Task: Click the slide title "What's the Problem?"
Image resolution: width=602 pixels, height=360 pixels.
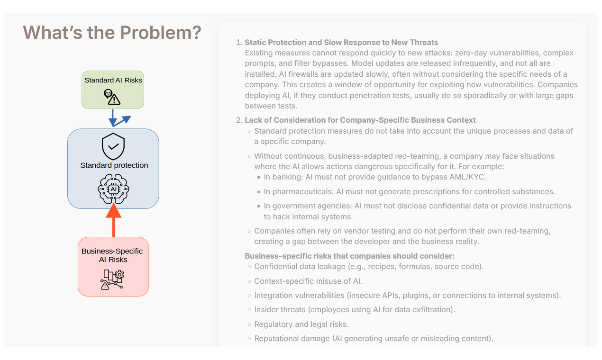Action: [112, 33]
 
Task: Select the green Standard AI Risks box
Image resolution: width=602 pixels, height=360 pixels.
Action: [113, 90]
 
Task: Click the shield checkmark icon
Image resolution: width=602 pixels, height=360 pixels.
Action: [113, 147]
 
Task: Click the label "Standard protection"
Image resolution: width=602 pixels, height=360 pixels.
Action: [114, 165]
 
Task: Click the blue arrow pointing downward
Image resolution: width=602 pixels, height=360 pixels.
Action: [112, 117]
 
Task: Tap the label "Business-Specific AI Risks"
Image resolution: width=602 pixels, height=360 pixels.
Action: [112, 255]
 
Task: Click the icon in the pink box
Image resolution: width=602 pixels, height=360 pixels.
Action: [112, 279]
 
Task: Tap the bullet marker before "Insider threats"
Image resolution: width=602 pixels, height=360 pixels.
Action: [249, 310]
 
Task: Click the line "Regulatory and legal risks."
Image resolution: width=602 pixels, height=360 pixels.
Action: [301, 324]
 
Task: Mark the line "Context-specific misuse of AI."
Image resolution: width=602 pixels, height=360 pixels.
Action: [308, 281]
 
